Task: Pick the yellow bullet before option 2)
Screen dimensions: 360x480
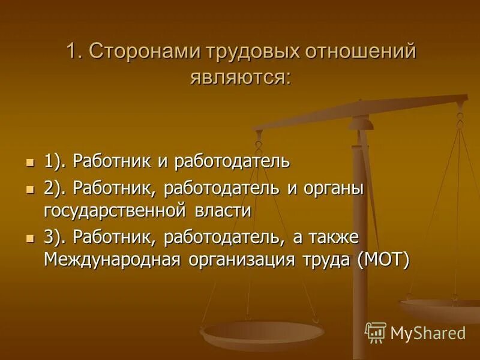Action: [x=30, y=189]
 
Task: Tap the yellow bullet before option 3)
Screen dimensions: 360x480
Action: [x=30, y=238]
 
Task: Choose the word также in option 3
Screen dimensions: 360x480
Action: [x=334, y=238]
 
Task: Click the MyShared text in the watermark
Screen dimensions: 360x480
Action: [x=427, y=333]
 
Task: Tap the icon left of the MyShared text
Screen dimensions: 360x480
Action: [x=376, y=332]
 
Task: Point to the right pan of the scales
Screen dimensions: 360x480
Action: [x=441, y=308]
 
